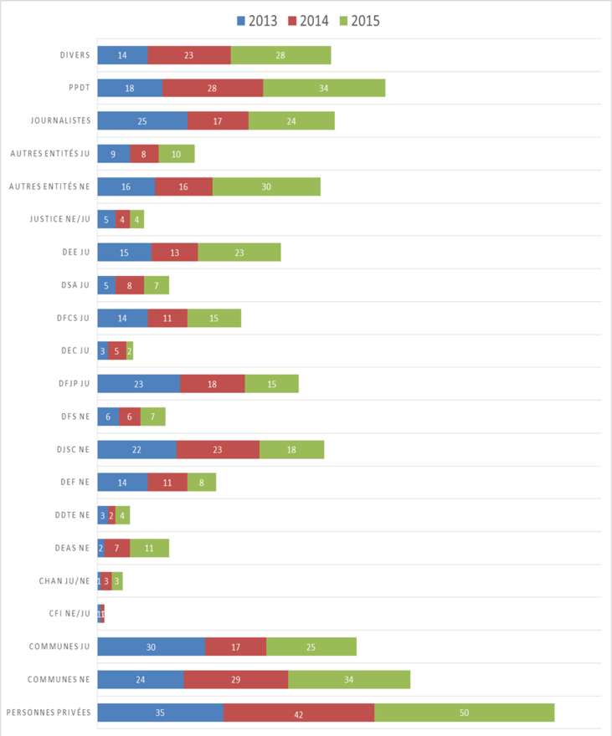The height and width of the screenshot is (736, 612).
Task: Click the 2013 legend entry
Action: pos(258,20)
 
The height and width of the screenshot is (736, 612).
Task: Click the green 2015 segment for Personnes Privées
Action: pos(464,713)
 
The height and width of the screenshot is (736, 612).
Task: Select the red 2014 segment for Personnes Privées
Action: pos(299,713)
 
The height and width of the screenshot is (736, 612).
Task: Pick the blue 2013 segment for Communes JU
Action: pos(152,647)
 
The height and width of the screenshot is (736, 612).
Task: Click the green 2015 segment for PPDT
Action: pos(324,88)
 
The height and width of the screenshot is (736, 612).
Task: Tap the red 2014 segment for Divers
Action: pos(189,55)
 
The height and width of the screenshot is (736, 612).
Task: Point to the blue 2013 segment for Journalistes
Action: pos(142,120)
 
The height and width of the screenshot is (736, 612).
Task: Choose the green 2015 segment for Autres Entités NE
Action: pos(266,187)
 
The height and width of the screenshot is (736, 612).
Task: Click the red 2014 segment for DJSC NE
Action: pos(218,449)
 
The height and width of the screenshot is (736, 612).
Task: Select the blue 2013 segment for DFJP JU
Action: pos(139,384)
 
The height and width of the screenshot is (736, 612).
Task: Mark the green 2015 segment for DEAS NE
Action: pos(149,548)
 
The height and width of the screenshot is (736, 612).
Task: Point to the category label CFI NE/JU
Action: pos(65,614)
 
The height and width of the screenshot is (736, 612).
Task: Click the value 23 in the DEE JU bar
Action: pos(239,253)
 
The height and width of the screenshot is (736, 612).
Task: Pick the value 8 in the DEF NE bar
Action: pos(202,483)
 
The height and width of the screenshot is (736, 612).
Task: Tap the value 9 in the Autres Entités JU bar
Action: pos(114,154)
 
